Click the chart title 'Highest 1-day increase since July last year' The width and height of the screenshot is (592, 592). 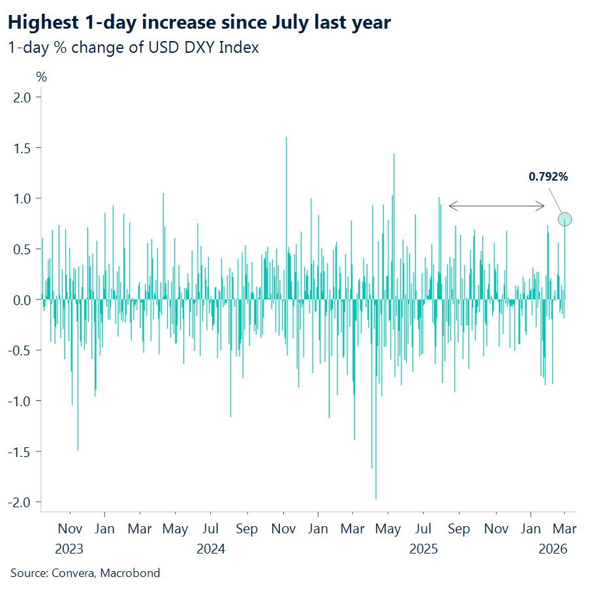(x=199, y=23)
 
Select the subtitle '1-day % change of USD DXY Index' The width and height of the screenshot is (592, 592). (x=133, y=48)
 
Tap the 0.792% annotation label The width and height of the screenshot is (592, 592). (x=548, y=177)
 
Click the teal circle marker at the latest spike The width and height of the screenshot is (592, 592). (x=565, y=220)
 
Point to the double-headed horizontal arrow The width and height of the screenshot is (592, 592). (x=496, y=207)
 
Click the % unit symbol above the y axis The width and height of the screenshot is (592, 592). (x=42, y=77)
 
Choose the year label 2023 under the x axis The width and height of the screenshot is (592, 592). (x=69, y=549)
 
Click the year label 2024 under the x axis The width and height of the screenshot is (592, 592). (x=210, y=549)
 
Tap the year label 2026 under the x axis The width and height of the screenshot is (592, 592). (x=553, y=549)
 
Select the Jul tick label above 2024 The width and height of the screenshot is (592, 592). (x=210, y=529)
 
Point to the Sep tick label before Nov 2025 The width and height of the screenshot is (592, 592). (x=459, y=529)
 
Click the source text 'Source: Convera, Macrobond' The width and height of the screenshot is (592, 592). (x=85, y=573)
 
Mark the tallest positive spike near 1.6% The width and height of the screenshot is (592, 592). (x=287, y=138)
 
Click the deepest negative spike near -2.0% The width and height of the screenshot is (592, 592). (x=376, y=498)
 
